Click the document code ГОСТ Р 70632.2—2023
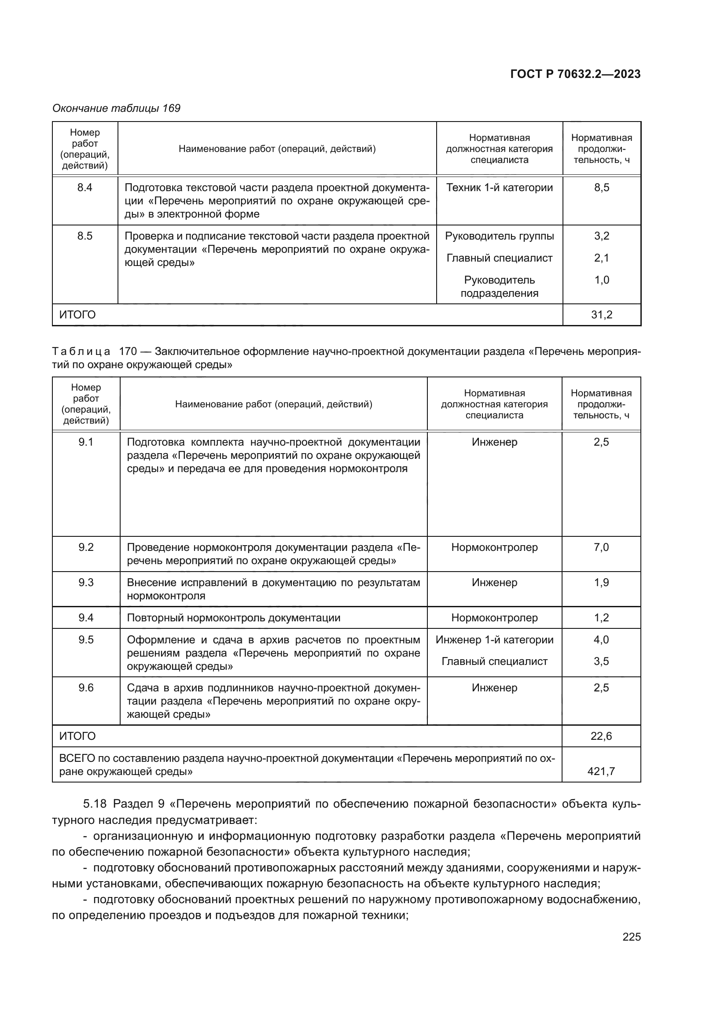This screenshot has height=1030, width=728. click(575, 74)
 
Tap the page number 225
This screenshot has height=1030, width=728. click(631, 937)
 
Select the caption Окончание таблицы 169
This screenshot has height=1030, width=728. click(116, 108)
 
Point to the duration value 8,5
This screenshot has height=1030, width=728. click(602, 188)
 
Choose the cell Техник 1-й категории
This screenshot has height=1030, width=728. click(500, 188)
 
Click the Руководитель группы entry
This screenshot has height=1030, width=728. click(500, 236)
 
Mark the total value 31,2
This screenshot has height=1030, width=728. click(602, 315)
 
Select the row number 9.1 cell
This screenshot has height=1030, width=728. click(86, 442)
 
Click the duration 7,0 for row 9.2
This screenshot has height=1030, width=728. click(601, 547)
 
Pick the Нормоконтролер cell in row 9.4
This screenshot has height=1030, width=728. click(494, 618)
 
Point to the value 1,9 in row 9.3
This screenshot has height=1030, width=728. click(601, 583)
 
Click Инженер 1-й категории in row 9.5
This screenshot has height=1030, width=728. click(494, 640)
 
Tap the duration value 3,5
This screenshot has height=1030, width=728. click(601, 661)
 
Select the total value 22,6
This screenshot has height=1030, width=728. click(601, 736)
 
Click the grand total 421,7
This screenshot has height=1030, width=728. click(601, 771)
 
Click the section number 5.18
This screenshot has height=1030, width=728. click(95, 804)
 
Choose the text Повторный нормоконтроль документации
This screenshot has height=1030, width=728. click(234, 618)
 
